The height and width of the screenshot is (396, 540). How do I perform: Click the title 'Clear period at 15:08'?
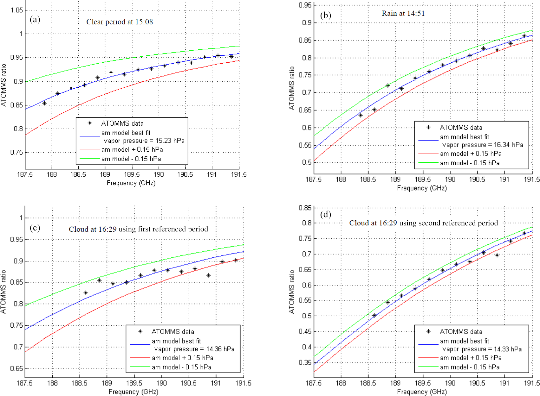pyautogui.click(x=120, y=22)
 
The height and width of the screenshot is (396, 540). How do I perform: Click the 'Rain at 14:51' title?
pyautogui.click(x=403, y=13)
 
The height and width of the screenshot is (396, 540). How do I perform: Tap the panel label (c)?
pyautogui.click(x=35, y=228)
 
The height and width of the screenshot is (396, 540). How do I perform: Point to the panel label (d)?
pyautogui.click(x=326, y=215)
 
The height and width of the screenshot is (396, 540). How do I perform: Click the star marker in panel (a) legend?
pyautogui.click(x=90, y=123)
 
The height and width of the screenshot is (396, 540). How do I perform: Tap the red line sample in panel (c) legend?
pyautogui.click(x=140, y=358)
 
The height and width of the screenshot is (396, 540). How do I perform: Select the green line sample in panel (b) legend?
pyautogui.click(x=428, y=163)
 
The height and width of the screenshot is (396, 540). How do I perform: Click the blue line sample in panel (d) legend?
pyautogui.click(x=428, y=344)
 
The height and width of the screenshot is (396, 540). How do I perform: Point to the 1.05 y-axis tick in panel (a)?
pyautogui.click(x=16, y=10)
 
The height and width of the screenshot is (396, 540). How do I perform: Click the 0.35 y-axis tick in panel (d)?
pyautogui.click(x=305, y=362)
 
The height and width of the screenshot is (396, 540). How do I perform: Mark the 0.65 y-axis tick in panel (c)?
pyautogui.click(x=16, y=368)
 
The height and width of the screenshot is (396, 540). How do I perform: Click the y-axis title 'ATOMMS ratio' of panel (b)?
pyautogui.click(x=291, y=88)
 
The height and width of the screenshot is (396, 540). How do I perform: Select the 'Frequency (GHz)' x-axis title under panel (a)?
pyautogui.click(x=131, y=183)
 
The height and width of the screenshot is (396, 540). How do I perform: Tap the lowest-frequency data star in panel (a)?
pyautogui.click(x=44, y=103)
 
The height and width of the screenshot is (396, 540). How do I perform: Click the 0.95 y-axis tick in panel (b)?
pyautogui.click(x=305, y=5)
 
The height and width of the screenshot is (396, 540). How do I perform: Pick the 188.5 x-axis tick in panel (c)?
pyautogui.click(x=79, y=383)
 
